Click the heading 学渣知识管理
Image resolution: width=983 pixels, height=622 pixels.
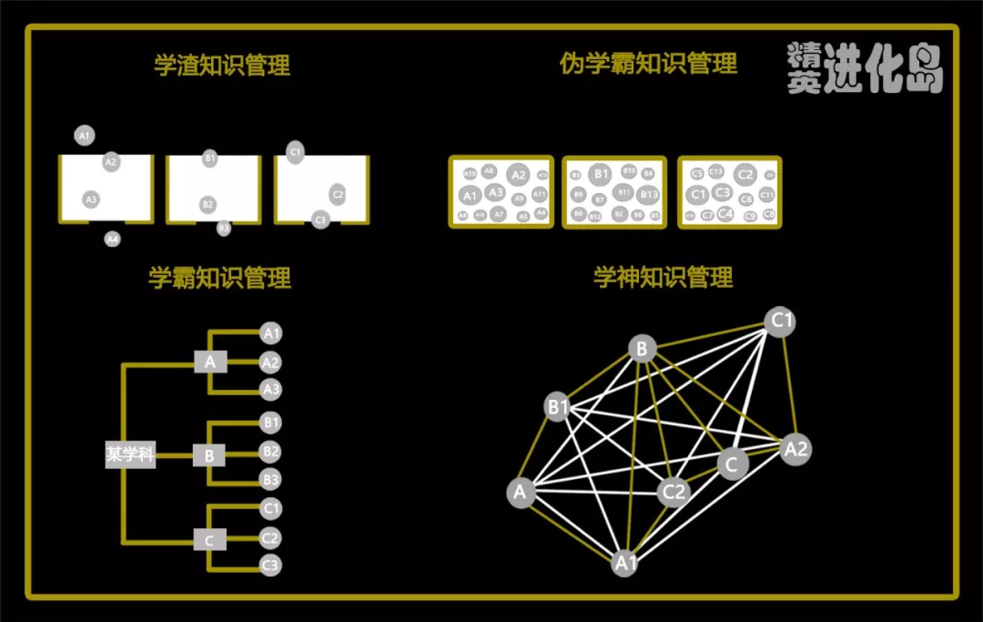click(222, 66)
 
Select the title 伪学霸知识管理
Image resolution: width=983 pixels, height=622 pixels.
click(648, 64)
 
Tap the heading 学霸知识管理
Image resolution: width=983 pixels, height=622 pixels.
click(219, 278)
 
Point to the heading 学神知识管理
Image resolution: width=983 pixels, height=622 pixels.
click(663, 277)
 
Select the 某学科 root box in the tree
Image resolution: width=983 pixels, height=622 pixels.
click(130, 455)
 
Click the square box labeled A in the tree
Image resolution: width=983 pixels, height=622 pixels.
click(209, 362)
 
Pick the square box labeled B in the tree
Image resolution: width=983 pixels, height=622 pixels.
click(209, 454)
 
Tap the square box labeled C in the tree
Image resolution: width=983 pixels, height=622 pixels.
click(209, 540)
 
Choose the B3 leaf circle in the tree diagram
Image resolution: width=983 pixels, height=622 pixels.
click(270, 479)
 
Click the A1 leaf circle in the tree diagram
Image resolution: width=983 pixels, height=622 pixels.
click(270, 333)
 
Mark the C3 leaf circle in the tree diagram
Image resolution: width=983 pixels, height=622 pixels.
click(270, 566)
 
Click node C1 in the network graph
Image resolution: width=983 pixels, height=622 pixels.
click(781, 321)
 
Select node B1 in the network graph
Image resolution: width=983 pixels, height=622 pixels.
click(558, 407)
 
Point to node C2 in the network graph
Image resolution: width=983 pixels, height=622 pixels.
click(674, 493)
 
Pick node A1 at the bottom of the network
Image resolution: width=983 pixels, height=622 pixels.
click(624, 563)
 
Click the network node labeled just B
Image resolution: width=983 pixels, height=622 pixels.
click(642, 348)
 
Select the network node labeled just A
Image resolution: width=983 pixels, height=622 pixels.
click(520, 493)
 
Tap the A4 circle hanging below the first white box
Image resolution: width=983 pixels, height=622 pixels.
click(112, 239)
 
